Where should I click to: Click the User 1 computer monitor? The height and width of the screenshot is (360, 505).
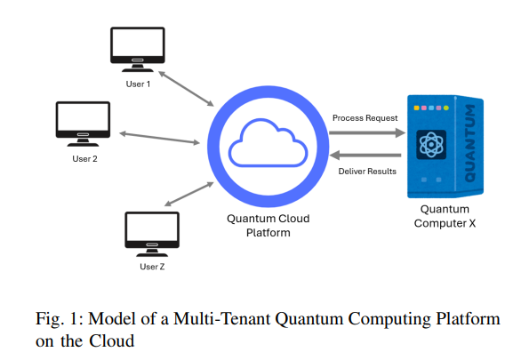(138, 49)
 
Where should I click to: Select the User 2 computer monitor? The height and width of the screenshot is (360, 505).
(83, 124)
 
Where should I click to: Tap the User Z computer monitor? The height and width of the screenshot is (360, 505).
(152, 234)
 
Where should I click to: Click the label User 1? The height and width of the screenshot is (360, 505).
(138, 84)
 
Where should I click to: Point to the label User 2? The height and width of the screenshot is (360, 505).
(84, 159)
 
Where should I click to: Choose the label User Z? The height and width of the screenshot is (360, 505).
(152, 267)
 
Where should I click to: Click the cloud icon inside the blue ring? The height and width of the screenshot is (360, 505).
(268, 142)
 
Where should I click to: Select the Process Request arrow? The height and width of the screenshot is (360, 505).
(367, 132)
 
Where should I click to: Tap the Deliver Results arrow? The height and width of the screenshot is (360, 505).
(365, 156)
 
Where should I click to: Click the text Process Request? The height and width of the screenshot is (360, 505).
(365, 118)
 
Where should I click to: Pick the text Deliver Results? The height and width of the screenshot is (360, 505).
(367, 171)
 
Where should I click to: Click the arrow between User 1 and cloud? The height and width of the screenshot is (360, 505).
(186, 89)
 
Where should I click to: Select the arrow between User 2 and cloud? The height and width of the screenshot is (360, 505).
(159, 138)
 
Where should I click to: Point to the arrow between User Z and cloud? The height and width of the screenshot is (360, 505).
(189, 194)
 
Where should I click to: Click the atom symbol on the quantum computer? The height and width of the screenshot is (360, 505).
(431, 145)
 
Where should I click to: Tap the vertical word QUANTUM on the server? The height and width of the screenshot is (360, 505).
(469, 143)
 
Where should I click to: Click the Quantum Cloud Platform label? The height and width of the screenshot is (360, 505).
(268, 226)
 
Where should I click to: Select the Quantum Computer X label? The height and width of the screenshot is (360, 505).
(445, 216)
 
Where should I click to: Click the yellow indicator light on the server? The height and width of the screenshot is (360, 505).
(416, 108)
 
